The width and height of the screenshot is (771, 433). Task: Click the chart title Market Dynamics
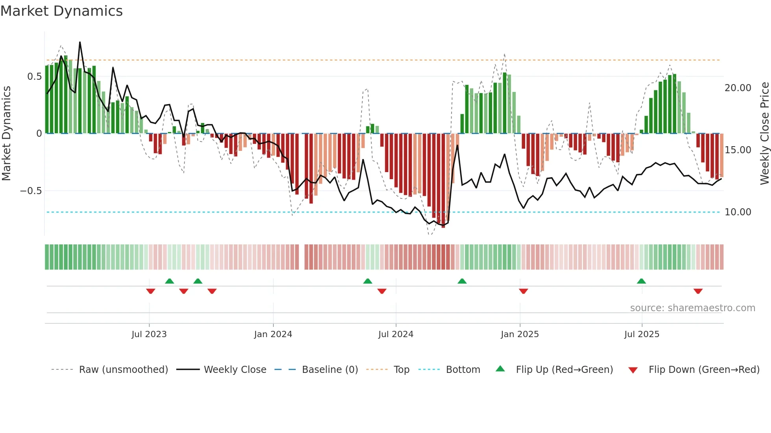pos(61,11)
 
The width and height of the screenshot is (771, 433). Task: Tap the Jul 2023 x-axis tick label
pos(149,334)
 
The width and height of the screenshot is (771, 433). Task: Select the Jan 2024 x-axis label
pos(273,334)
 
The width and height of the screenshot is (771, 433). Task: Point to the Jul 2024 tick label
pos(396,334)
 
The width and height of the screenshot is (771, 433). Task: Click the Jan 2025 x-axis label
pos(520,334)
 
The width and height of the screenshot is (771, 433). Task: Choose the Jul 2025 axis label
pos(642,334)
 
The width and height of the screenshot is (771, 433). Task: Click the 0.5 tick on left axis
pos(34,77)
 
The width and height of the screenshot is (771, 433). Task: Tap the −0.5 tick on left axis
pos(31,191)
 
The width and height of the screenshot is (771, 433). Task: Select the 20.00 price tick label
pos(738,88)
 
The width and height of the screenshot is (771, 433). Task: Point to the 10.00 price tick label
pos(738,212)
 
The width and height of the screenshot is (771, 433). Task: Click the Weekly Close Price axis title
pos(764,134)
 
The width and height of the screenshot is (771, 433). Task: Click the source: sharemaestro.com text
pos(692,308)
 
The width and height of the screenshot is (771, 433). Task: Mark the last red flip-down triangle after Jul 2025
pos(698,291)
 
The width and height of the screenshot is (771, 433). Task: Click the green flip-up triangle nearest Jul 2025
pos(641,281)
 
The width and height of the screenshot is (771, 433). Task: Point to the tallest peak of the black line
pos(80,42)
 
